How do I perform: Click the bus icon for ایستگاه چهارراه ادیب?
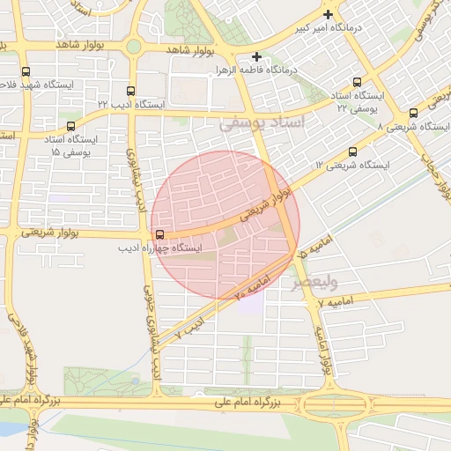159,234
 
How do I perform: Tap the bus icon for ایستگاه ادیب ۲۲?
131,91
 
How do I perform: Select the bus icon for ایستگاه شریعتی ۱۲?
353,152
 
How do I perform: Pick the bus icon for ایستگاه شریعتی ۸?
413,113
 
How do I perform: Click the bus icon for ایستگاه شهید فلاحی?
25,71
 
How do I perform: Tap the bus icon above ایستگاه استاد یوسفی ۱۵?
70,126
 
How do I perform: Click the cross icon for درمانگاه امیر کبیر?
329,14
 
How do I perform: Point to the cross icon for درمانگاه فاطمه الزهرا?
256,55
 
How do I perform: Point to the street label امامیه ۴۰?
252,285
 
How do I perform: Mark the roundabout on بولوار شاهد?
133,45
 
